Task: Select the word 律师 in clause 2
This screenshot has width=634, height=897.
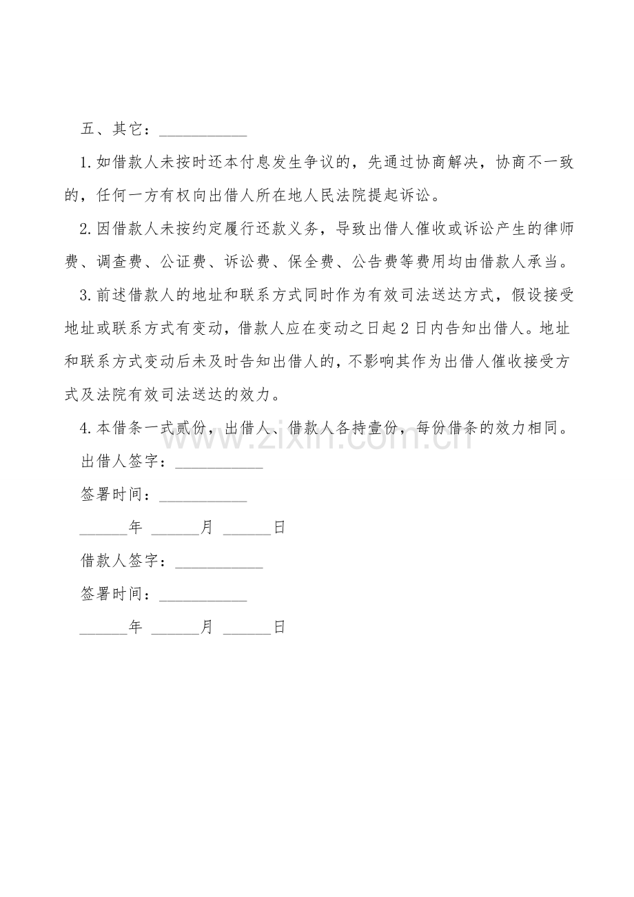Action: pyautogui.click(x=558, y=229)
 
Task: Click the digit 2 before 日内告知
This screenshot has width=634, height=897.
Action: pyautogui.click(x=405, y=329)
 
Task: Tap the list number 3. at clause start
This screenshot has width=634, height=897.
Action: pyautogui.click(x=86, y=296)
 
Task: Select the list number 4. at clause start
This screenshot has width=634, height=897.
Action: pyautogui.click(x=86, y=429)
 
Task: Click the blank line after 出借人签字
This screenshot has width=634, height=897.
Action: pyautogui.click(x=219, y=466)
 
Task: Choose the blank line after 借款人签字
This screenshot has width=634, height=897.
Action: pyautogui.click(x=219, y=565)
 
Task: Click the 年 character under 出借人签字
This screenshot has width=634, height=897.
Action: pyautogui.click(x=135, y=528)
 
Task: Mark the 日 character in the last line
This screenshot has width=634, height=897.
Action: pyautogui.click(x=279, y=627)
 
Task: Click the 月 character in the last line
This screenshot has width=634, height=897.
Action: pyautogui.click(x=207, y=627)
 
